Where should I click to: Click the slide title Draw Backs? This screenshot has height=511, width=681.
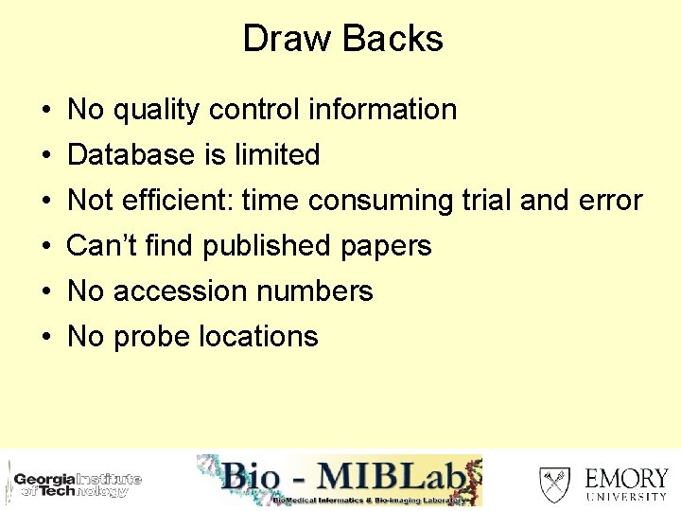(342, 39)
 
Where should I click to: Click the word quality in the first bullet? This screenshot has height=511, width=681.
(157, 111)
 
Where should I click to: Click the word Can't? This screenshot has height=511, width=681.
(97, 246)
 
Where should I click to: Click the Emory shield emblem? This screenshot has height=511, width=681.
(554, 483)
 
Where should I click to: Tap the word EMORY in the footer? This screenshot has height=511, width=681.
(626, 477)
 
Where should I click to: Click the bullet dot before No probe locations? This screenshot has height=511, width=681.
(46, 338)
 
